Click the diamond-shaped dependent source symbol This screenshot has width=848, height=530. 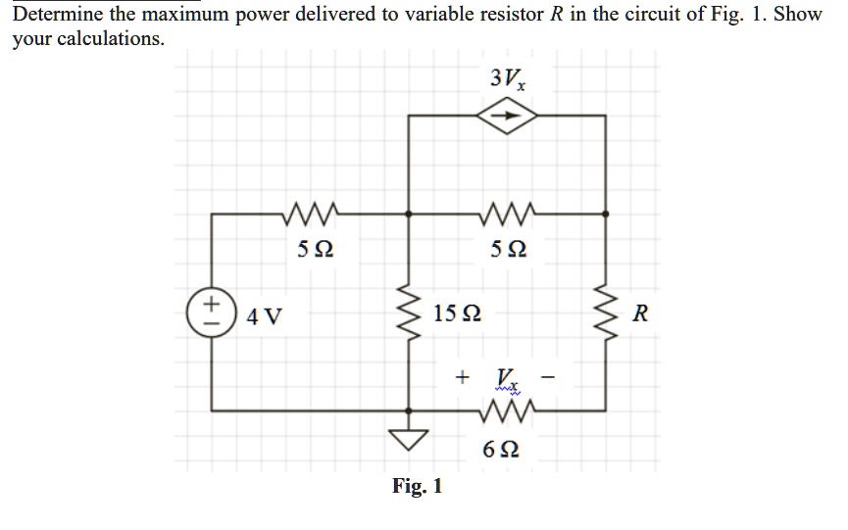tap(507, 116)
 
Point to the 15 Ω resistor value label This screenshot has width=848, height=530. tap(456, 315)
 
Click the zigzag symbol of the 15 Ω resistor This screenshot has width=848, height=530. tap(408, 313)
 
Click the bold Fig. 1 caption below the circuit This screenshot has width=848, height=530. tap(417, 485)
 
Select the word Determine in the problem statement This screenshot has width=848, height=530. tap(55, 16)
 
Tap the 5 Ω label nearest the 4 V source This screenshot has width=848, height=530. tap(315, 250)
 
